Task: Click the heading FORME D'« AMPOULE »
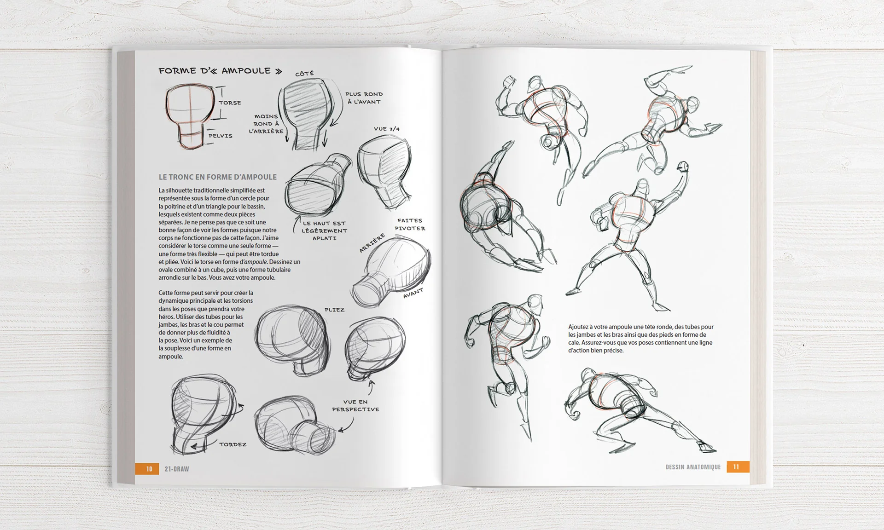click(220, 71)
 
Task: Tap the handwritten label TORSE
click(230, 103)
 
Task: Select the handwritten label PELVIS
click(221, 136)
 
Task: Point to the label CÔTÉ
click(304, 74)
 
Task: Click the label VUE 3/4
click(387, 129)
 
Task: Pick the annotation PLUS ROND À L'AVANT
click(364, 98)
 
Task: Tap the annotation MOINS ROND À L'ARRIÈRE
click(267, 124)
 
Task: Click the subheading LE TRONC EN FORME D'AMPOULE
click(218, 177)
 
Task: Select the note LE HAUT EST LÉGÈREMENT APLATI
click(324, 230)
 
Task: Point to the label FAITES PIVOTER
click(410, 225)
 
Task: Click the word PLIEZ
click(334, 310)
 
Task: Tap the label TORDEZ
click(233, 444)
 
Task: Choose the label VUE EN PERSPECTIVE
click(355, 405)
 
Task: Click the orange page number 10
click(149, 469)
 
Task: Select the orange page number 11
click(736, 467)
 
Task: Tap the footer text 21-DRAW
click(177, 469)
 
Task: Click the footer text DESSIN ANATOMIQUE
click(693, 467)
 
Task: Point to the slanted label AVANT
click(413, 293)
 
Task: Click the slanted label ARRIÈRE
click(372, 243)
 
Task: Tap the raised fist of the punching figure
click(683, 166)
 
